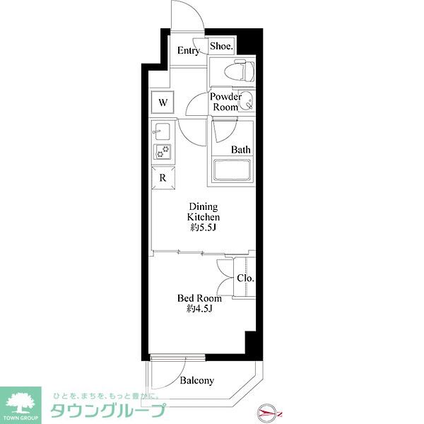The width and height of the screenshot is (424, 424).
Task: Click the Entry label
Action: [189, 50]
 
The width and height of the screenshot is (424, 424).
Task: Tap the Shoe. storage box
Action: [221, 46]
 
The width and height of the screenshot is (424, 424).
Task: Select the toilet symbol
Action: [240, 71]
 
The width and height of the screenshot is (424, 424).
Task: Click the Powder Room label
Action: [225, 102]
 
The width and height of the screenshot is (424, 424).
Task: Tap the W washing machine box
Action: [163, 102]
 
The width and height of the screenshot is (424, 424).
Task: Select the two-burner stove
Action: [163, 152]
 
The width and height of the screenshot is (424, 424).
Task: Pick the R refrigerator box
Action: [163, 177]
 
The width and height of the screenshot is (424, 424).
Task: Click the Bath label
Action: [241, 150]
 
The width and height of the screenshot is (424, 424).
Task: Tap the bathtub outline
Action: [232, 170]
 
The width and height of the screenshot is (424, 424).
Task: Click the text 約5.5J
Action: [203, 228]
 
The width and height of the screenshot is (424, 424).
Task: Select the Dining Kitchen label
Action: [204, 212]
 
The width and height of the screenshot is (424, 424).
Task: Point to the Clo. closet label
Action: [245, 278]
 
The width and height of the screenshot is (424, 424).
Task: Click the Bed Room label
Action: [199, 298]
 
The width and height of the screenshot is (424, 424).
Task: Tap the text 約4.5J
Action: [199, 309]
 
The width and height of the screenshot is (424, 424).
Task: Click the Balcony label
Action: [197, 380]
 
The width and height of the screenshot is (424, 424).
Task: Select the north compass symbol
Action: [269, 413]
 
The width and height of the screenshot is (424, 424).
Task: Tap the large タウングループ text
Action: [107, 411]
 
